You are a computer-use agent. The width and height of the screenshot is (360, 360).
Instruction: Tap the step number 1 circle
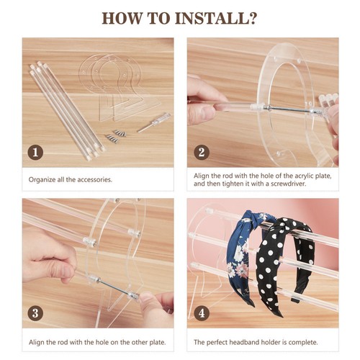point(35,153)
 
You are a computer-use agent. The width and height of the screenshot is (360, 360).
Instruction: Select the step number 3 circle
point(35,313)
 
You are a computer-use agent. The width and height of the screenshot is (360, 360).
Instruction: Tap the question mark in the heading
point(252,18)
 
